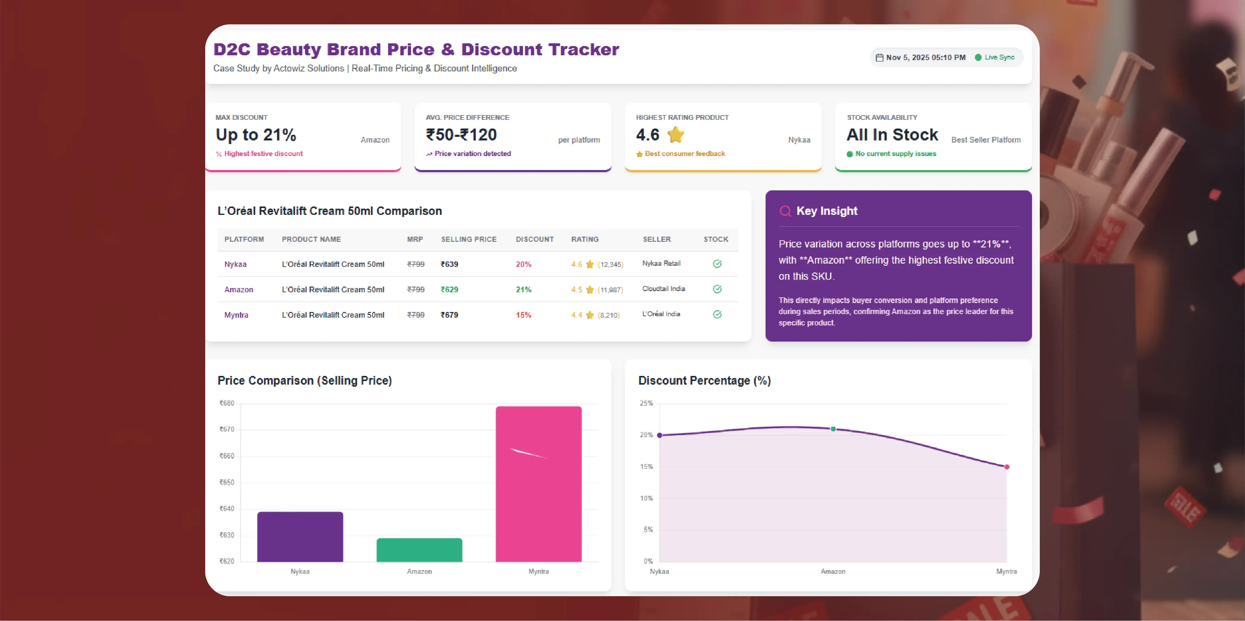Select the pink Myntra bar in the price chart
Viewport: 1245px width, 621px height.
[x=538, y=484]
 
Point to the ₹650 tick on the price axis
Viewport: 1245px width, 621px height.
[x=227, y=482]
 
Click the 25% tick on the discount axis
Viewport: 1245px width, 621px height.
[x=646, y=403]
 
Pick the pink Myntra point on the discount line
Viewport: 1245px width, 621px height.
[x=1007, y=467]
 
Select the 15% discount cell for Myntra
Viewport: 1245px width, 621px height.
[x=523, y=315]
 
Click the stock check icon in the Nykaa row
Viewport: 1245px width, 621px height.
[x=717, y=264]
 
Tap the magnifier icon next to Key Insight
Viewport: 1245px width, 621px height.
[x=785, y=211]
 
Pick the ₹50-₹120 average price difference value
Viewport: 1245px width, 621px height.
[x=461, y=134]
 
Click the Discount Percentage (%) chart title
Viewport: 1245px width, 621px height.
[x=704, y=381]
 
